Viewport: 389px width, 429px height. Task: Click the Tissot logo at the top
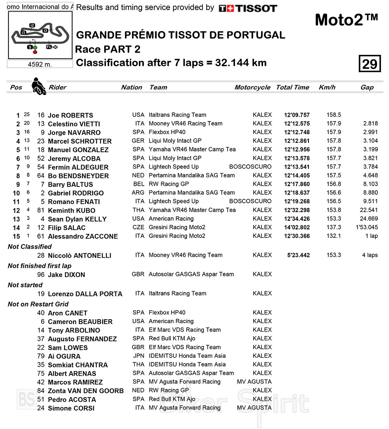tap(248, 8)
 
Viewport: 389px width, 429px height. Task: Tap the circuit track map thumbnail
tap(40, 35)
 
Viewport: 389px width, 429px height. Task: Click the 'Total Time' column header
tap(293, 87)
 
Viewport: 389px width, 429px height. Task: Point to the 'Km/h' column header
tap(327, 87)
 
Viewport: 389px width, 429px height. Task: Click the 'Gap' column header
tap(367, 87)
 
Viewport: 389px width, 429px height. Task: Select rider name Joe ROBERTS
tap(70, 115)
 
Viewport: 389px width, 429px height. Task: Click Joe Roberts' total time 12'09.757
tap(297, 115)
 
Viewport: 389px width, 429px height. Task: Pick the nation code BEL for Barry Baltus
tap(138, 184)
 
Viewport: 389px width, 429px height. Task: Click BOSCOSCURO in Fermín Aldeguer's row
tap(250, 167)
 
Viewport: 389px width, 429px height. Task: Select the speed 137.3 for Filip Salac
tap(334, 227)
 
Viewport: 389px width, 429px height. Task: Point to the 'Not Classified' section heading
tap(30, 246)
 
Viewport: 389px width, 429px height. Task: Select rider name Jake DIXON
tap(66, 274)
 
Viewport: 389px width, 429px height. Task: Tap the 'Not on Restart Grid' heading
tap(38, 304)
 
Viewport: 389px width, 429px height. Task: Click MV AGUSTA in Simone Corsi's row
tap(254, 408)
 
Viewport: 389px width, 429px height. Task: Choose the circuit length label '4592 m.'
tap(40, 64)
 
